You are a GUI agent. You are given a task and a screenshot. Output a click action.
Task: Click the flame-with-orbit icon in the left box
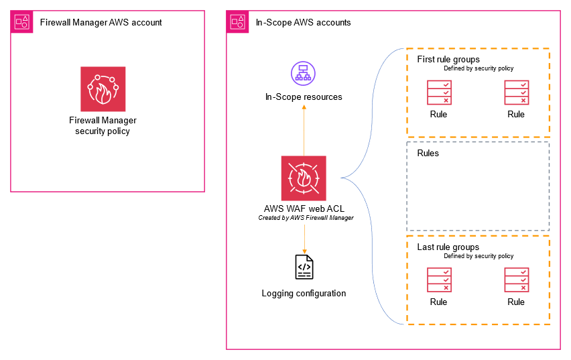(x=103, y=88)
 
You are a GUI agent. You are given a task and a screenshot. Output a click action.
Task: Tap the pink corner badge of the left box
(x=22, y=22)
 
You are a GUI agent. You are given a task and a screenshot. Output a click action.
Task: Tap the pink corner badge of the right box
(x=238, y=22)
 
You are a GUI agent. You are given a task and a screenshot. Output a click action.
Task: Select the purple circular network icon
(x=303, y=72)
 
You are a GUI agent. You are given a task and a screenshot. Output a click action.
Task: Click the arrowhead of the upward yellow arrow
(x=304, y=107)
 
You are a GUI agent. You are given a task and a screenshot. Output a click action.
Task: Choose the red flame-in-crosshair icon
(x=304, y=178)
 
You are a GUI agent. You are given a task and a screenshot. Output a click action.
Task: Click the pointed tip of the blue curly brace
(x=342, y=178)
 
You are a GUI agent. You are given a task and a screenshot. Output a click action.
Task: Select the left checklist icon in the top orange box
(x=440, y=93)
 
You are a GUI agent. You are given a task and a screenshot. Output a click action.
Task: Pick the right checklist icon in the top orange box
(x=517, y=93)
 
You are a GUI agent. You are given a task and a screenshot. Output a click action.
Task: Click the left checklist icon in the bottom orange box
(x=440, y=280)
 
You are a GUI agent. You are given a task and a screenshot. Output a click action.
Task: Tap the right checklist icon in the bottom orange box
(x=517, y=280)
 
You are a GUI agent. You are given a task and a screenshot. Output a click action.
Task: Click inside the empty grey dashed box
(x=478, y=186)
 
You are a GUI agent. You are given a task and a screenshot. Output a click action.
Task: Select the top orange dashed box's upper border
(x=479, y=49)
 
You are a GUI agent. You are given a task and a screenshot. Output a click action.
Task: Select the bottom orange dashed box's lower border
(x=479, y=324)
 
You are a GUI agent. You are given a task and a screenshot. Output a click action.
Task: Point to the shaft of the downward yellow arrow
(x=304, y=236)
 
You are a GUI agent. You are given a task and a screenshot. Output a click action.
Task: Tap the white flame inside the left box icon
(x=103, y=95)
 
